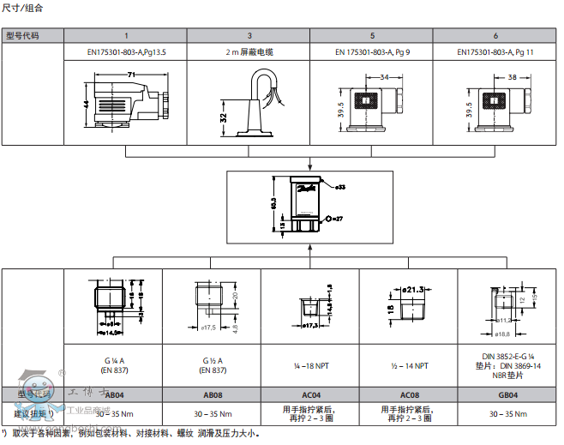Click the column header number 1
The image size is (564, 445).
(x=127, y=35)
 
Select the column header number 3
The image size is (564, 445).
(x=249, y=35)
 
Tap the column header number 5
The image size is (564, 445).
(x=372, y=35)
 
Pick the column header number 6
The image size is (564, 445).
(x=495, y=35)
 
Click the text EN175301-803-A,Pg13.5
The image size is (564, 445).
(x=127, y=51)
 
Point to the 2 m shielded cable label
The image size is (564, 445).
(x=249, y=51)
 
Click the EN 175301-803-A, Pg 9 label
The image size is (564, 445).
(x=372, y=51)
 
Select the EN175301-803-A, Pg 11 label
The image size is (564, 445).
(x=495, y=51)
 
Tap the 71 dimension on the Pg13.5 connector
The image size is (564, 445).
(x=131, y=75)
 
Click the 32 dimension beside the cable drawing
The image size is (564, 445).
(x=223, y=117)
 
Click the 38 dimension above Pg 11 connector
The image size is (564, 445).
(x=511, y=76)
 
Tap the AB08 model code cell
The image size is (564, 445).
(x=211, y=394)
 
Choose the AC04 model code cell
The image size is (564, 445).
(x=309, y=394)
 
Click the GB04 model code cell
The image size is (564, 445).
(x=507, y=394)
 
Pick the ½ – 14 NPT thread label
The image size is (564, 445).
(x=409, y=366)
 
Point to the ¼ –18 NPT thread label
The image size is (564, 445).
(x=309, y=366)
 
